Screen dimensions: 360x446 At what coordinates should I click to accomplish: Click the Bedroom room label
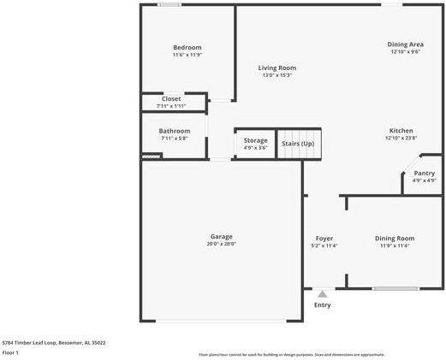187,47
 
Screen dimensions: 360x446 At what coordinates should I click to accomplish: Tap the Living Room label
277,68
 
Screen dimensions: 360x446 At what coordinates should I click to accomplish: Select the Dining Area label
405,44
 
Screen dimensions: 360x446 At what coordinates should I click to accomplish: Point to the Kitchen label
401,130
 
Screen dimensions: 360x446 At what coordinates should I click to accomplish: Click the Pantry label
424,173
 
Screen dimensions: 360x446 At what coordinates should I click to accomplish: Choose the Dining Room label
394,238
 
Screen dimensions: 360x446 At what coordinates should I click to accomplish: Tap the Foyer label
324,238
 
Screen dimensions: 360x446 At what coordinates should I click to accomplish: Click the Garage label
221,236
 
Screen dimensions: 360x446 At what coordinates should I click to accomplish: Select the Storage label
255,140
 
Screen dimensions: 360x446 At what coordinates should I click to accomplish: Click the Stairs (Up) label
298,143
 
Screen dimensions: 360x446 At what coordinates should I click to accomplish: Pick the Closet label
171,99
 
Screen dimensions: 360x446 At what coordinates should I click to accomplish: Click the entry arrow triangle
322,294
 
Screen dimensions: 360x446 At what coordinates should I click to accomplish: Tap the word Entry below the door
322,305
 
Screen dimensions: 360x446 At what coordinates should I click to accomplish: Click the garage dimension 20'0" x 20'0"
221,244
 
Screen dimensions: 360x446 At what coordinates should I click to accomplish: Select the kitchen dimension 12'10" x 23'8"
401,138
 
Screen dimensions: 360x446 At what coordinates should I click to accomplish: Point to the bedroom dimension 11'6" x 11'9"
187,55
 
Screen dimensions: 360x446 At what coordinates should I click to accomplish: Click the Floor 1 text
11,351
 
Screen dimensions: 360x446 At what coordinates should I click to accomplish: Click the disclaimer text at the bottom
291,354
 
